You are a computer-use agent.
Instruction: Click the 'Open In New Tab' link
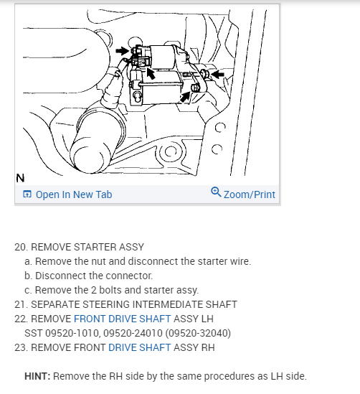coord(74,194)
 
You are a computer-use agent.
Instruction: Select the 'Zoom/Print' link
coord(250,194)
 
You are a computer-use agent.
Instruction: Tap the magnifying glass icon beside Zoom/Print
coord(216,192)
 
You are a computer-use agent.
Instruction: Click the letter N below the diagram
coord(20,178)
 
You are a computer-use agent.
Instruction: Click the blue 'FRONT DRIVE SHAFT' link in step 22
coord(122,319)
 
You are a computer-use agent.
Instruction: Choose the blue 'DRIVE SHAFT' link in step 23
coord(140,347)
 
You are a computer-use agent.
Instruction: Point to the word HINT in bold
coord(37,376)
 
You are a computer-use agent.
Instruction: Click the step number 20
coord(21,247)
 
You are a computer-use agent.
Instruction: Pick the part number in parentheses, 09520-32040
coord(198,333)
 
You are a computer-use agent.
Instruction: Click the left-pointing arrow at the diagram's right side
coord(218,74)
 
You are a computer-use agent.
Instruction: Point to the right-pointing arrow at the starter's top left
coord(123,51)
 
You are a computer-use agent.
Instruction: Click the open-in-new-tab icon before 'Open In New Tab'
coord(27,194)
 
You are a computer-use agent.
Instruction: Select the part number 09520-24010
coord(133,333)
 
